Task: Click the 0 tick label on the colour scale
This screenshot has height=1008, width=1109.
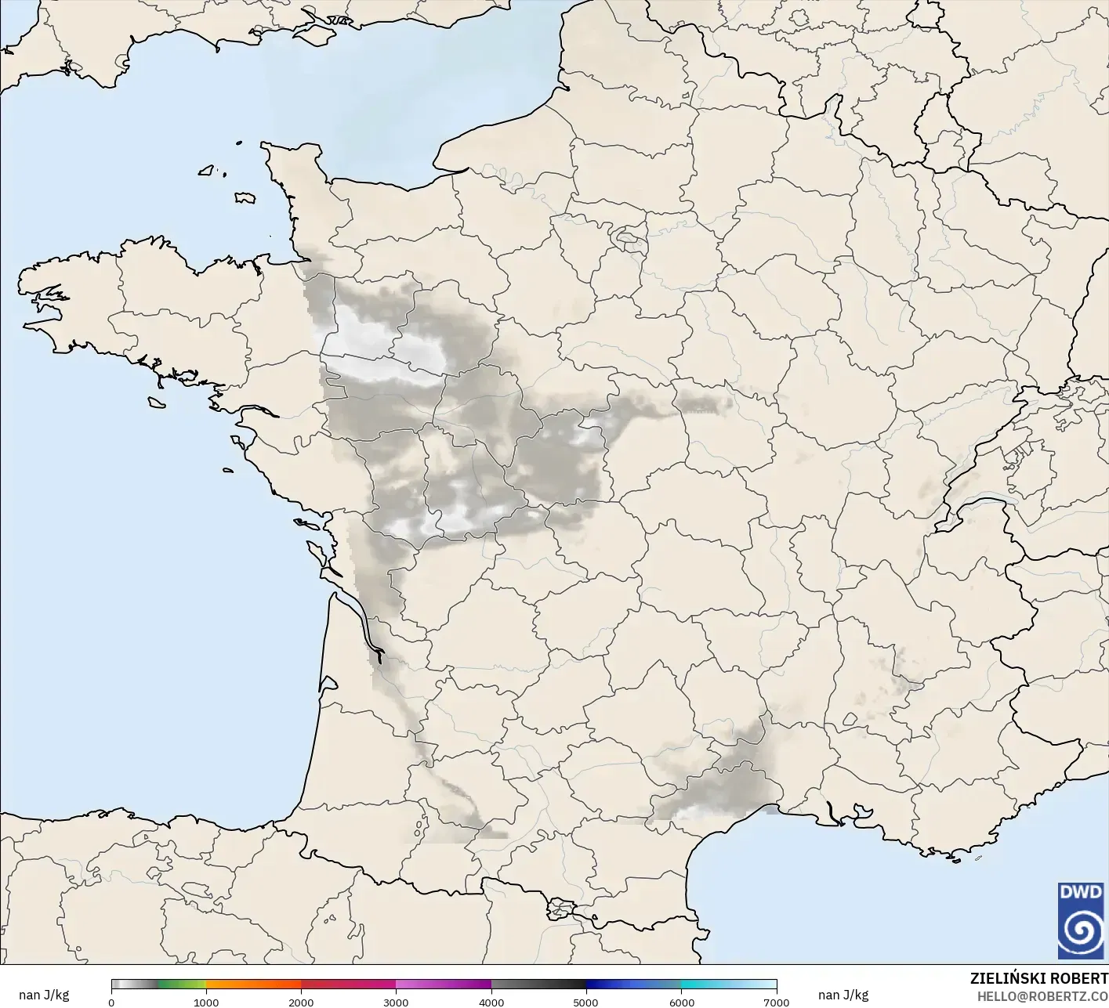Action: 111,1003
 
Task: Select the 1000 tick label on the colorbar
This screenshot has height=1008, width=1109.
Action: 206,1003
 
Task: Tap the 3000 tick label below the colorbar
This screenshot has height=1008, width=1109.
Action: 396,1003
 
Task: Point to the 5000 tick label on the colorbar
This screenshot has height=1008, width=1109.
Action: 586,1003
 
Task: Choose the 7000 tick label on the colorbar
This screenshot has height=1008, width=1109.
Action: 776,1003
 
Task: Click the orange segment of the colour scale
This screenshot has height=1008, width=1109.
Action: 253,985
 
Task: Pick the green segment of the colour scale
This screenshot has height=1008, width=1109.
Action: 182,985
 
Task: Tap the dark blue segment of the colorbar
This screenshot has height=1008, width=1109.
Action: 619,985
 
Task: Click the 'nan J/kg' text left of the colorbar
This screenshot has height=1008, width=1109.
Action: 44,995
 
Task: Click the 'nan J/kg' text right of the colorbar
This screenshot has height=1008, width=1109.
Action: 843,995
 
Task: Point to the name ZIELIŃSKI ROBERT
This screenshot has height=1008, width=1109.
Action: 1038,978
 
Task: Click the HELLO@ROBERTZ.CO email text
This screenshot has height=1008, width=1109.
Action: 1042,995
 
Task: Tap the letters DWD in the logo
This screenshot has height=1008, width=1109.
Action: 1081,892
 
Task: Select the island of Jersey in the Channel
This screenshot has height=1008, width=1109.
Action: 245,198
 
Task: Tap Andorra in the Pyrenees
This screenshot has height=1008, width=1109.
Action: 561,910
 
